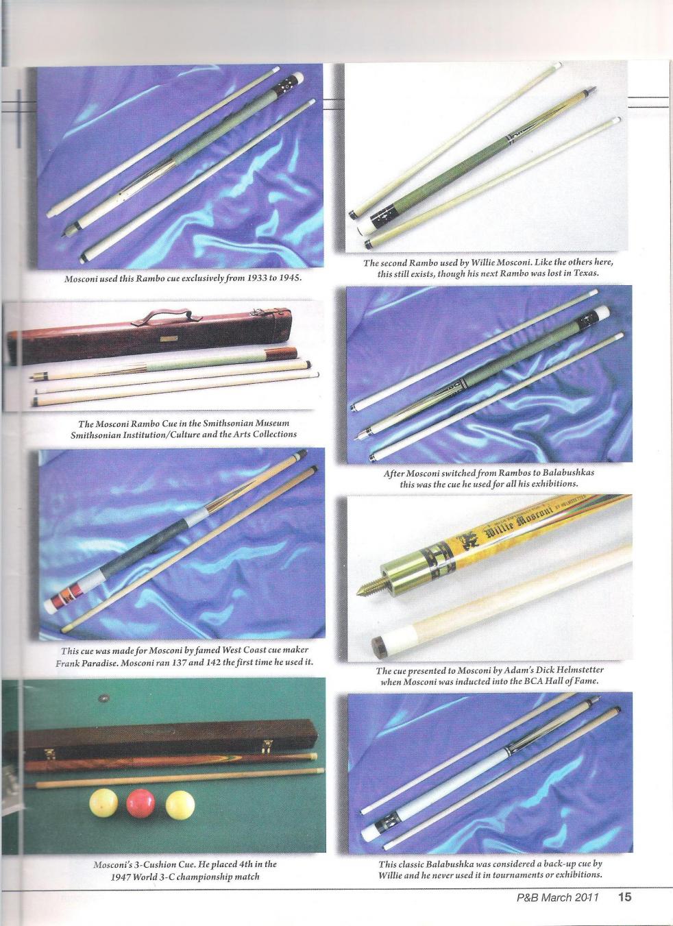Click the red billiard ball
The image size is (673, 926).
[x=140, y=803]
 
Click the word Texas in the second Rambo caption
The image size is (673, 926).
[x=586, y=273]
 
